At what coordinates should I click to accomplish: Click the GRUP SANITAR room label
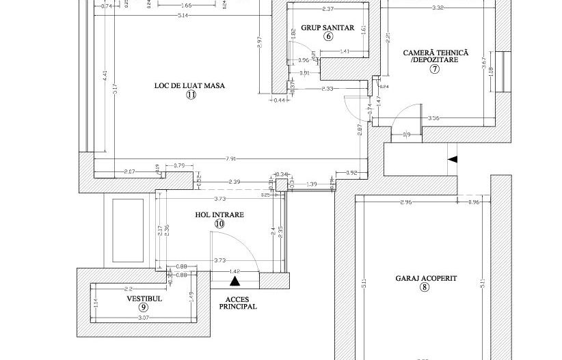(327, 28)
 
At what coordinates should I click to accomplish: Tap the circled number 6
(327, 37)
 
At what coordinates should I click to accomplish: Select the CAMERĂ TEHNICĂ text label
(436, 52)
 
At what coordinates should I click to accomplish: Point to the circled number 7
(434, 68)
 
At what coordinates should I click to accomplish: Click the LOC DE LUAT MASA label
(190, 85)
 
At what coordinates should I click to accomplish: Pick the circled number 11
(190, 96)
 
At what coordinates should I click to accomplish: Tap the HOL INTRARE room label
(219, 214)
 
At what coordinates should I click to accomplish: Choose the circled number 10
(219, 223)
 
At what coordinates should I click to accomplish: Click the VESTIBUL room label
(144, 299)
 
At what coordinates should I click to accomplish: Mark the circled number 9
(144, 308)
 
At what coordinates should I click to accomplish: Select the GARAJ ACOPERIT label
(426, 279)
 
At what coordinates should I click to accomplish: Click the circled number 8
(425, 288)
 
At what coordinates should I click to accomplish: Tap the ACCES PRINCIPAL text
(237, 303)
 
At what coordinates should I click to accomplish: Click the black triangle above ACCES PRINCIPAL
(235, 280)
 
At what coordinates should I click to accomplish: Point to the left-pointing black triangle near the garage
(452, 159)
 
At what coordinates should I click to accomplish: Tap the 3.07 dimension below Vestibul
(144, 318)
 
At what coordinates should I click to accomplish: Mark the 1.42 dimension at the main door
(235, 271)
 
